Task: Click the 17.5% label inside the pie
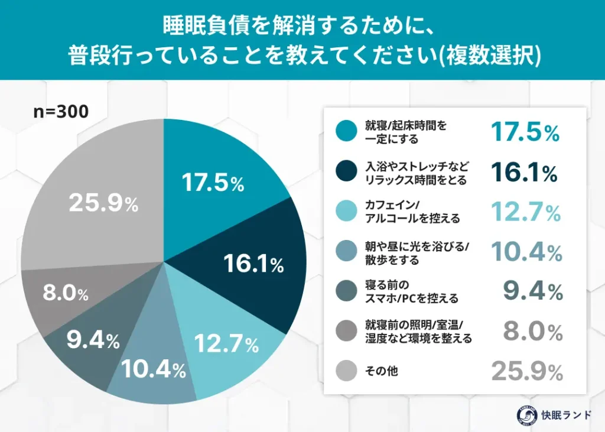213,183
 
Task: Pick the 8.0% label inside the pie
65,294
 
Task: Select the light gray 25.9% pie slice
95,195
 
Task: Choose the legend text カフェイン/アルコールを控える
399,213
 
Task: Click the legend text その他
381,372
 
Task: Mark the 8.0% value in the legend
532,333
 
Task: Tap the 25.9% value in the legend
526,372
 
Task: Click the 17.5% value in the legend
525,132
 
